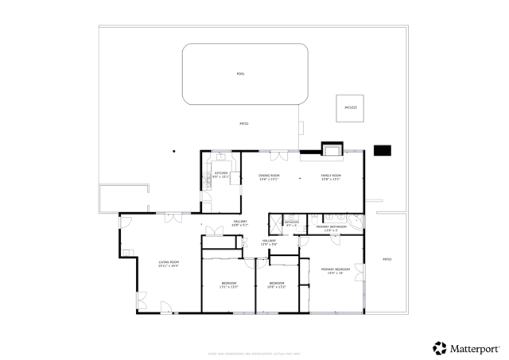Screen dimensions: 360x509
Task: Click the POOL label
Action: tap(240, 74)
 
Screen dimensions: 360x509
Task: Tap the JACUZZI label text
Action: tap(351, 107)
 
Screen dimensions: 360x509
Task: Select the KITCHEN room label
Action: tap(221, 174)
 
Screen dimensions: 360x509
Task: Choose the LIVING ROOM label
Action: tap(169, 264)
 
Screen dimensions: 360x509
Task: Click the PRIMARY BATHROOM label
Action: tap(332, 229)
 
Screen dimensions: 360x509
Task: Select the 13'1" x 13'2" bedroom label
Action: tap(228, 285)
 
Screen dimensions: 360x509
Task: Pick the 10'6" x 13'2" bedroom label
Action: tap(277, 285)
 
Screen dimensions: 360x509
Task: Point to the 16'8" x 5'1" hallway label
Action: tap(239, 223)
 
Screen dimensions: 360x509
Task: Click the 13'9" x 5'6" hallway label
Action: tap(269, 242)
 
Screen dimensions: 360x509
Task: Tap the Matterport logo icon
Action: tap(439, 347)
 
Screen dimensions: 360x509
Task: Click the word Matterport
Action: tap(476, 348)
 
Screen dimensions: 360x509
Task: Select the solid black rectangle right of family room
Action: tap(383, 149)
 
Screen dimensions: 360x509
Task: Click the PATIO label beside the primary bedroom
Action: tap(387, 259)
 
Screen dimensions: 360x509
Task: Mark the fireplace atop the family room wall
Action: tap(331, 149)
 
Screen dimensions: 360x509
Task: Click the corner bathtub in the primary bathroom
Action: tap(356, 220)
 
